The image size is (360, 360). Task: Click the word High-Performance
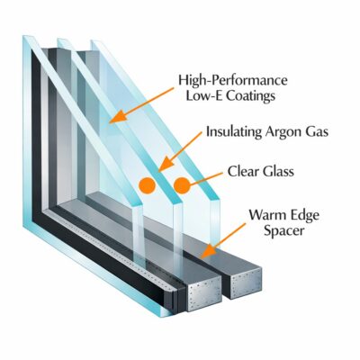click(233, 81)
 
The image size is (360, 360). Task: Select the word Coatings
click(250, 96)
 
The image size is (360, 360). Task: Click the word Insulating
click(230, 132)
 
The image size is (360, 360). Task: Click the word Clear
click(243, 172)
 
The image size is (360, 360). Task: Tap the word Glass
click(278, 172)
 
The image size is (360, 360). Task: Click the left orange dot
click(147, 185)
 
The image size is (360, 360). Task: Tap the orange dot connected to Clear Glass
click(182, 185)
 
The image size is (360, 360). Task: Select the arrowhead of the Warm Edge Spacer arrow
click(208, 251)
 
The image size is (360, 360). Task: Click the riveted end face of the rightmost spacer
click(246, 283)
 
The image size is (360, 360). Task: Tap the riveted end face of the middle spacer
click(205, 295)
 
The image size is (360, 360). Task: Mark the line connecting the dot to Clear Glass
click(206, 178)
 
